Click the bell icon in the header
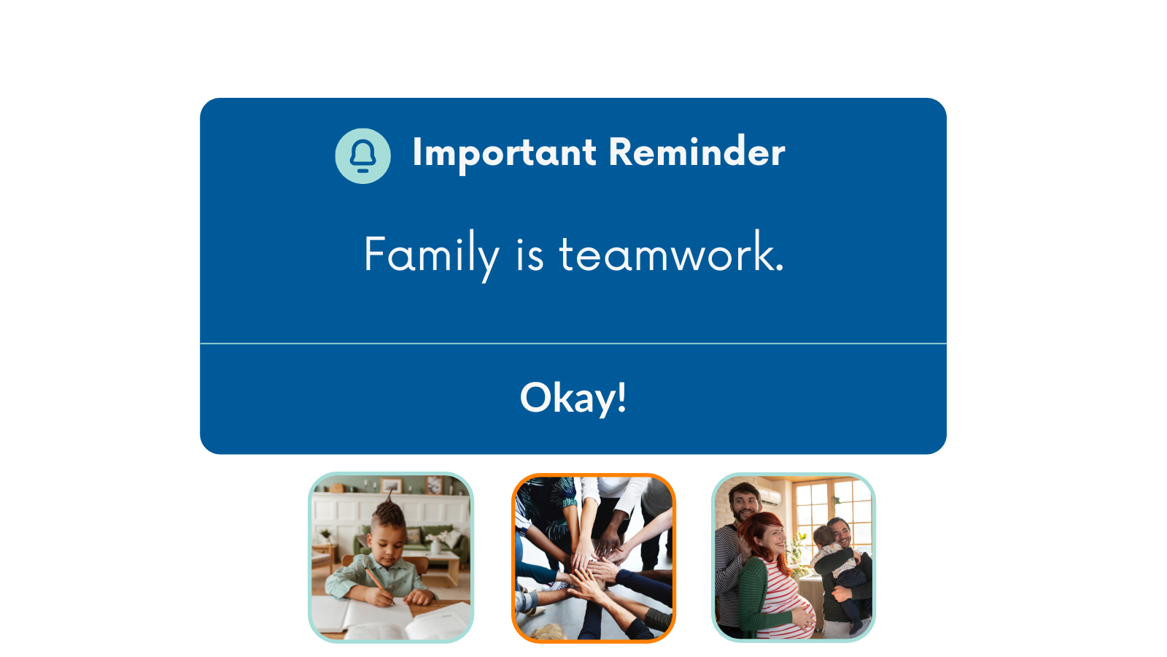click(362, 155)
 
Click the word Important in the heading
click(504, 153)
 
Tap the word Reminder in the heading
click(697, 152)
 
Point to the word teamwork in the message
click(671, 253)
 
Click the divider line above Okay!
click(573, 344)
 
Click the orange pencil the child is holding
click(379, 585)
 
